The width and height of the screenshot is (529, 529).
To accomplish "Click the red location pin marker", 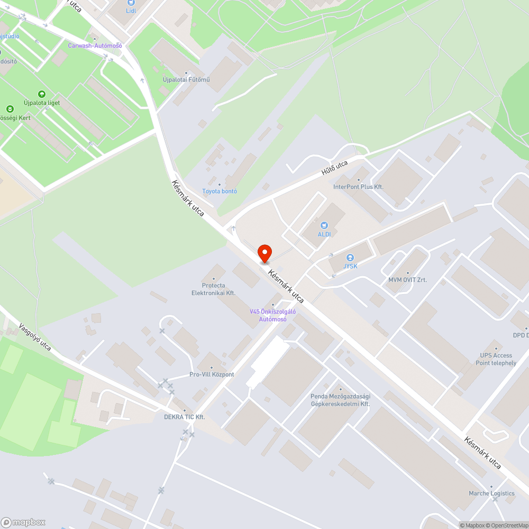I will tap(264, 253).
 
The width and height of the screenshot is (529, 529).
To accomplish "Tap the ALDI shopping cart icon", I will tap(325, 225).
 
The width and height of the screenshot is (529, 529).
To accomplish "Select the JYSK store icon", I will tap(350, 258).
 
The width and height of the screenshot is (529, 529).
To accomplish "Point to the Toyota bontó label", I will tap(220, 191).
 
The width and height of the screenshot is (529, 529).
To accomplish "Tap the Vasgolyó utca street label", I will tap(35, 338).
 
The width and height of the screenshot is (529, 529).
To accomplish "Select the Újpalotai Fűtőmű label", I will tap(186, 80).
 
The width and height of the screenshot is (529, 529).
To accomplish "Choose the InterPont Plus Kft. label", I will tap(358, 187).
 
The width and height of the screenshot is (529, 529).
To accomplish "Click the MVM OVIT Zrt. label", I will tap(407, 280).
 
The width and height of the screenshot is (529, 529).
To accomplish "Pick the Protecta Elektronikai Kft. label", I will tap(213, 289).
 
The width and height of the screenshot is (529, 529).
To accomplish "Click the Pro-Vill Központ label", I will tap(212, 375).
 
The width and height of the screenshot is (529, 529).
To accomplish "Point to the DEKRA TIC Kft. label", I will tap(184, 417).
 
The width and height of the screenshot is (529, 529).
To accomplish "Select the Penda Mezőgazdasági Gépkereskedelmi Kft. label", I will tap(340, 400).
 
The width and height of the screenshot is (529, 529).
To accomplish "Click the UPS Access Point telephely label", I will tap(496, 359).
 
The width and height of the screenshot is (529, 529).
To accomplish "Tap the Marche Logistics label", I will tap(491, 494).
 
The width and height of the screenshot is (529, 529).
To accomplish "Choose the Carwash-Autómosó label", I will tap(95, 45).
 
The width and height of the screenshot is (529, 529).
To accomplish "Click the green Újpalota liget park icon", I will tap(42, 94).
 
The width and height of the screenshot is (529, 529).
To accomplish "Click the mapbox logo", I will tap(23, 522).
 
